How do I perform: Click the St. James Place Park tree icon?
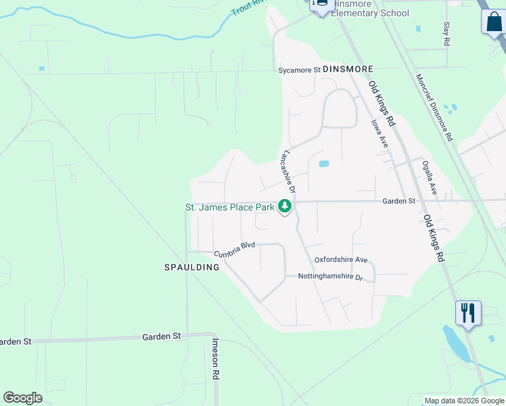coord(285,206)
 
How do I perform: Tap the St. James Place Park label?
coord(230,207)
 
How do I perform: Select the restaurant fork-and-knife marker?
coord(468,313)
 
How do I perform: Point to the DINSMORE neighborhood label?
coord(348,69)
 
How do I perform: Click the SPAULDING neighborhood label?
coord(192,267)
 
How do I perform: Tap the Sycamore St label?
coord(299,70)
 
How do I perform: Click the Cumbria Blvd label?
coord(234,249)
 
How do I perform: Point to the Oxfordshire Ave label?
coord(340,260)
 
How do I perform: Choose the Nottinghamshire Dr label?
coord(331,277)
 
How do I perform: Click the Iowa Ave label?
coord(379,133)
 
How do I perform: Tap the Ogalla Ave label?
coord(430,178)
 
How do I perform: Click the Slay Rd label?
coord(446,33)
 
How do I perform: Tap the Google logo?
coord(22,398)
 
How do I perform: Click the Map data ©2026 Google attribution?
coord(464,401)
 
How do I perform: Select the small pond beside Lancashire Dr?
coord(323,164)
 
